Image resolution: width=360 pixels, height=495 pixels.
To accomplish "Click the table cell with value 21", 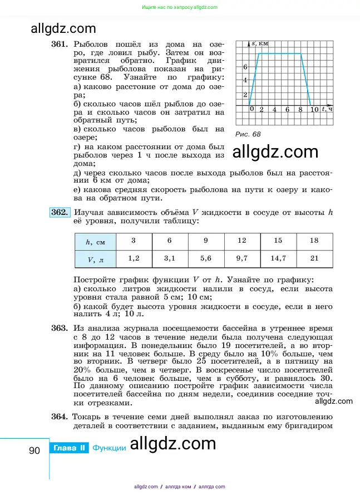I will [314, 259].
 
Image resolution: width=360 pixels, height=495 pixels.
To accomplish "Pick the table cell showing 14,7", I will [278, 259].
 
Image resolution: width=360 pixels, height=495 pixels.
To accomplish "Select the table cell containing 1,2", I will [134, 259].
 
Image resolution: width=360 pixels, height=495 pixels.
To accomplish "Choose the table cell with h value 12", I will [242, 241].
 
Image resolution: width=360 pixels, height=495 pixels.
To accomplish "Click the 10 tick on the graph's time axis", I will [314, 110].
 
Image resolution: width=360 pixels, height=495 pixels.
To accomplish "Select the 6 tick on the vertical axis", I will [245, 67].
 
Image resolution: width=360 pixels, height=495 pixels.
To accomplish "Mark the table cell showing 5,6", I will [206, 259].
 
